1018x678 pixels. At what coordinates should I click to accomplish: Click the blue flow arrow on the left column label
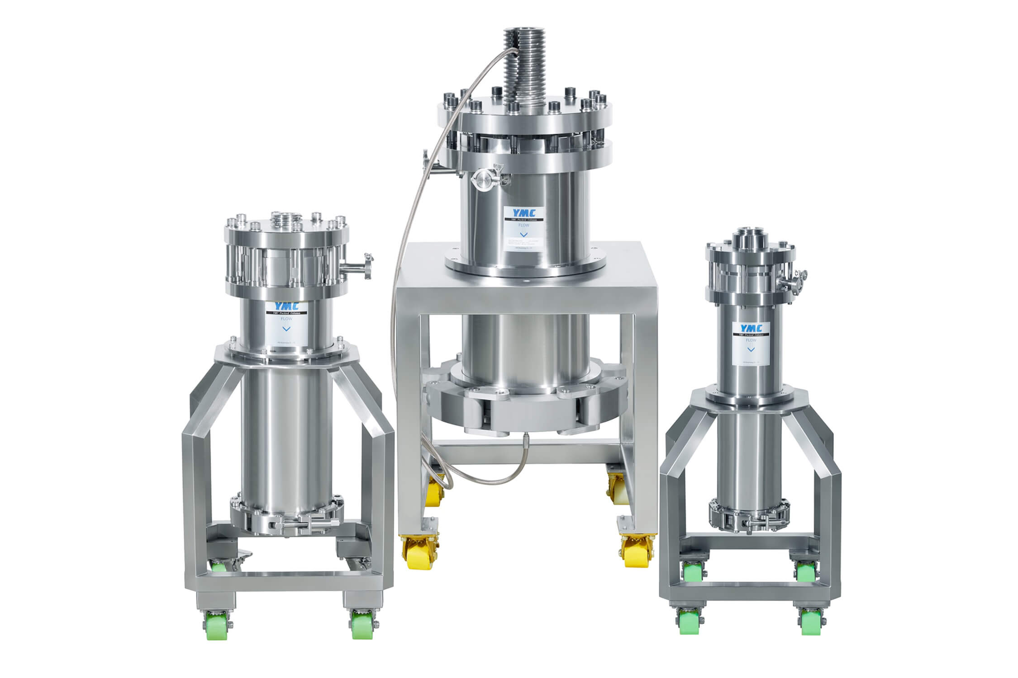[285, 328]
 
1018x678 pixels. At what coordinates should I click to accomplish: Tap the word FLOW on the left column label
[285, 318]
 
